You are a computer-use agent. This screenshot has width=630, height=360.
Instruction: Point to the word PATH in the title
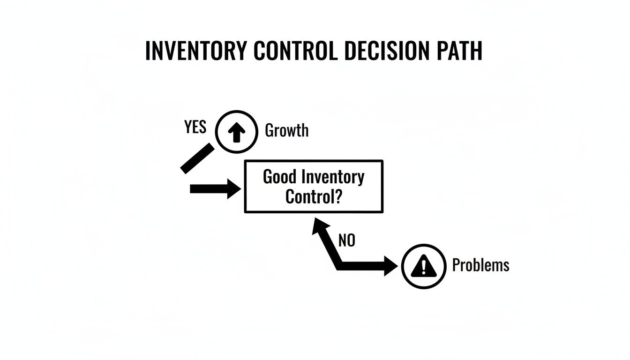click(x=457, y=51)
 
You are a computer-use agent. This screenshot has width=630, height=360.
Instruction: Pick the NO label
click(x=346, y=241)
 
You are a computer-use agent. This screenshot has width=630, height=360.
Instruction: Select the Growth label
click(x=287, y=130)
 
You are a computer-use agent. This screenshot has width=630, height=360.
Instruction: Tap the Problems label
click(x=480, y=265)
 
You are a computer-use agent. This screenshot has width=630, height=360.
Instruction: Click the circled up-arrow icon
click(x=236, y=132)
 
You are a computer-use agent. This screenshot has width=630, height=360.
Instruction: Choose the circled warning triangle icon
click(x=424, y=267)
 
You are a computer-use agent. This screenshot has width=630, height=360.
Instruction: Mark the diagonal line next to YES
click(x=197, y=158)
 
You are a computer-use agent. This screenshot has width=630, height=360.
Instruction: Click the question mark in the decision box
click(x=337, y=196)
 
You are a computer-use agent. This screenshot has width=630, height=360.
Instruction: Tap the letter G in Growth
click(x=270, y=130)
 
